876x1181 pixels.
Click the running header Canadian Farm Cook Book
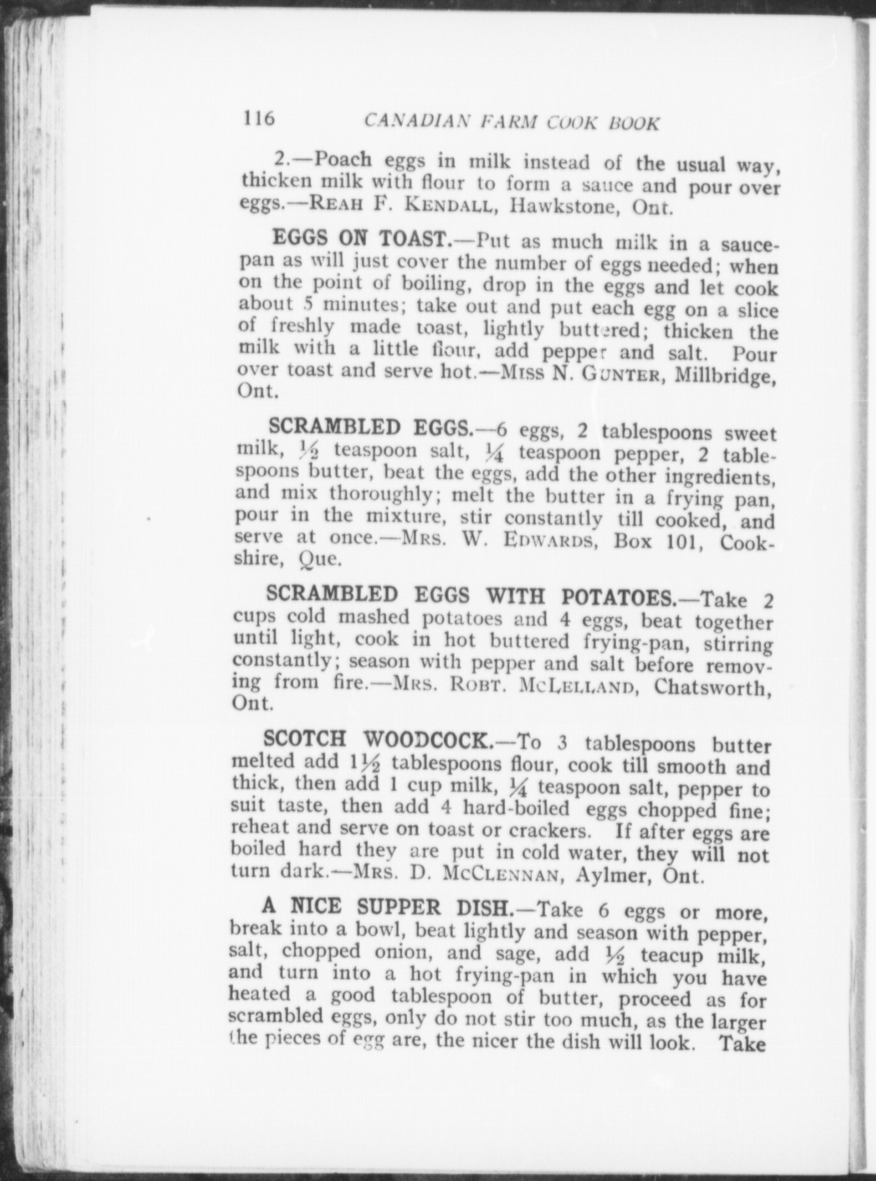(512, 122)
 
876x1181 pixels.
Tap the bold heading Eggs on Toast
(360, 239)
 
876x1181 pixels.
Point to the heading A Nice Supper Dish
(388, 907)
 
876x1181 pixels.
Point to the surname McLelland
(572, 687)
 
